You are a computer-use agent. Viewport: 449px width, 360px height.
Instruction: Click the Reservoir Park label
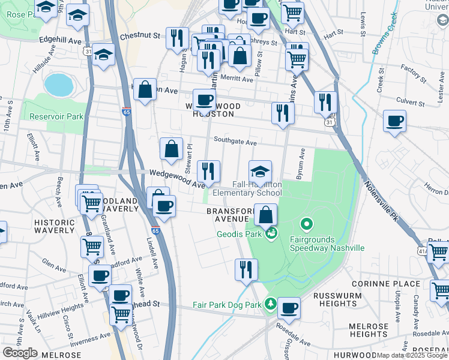click(56, 116)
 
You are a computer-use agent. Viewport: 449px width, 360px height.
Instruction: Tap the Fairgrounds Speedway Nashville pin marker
click(307, 226)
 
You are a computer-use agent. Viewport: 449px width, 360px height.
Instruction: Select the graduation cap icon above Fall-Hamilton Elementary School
click(261, 172)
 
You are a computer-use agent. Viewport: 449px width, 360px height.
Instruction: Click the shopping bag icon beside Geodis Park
click(265, 215)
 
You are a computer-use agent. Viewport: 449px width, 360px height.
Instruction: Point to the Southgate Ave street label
click(237, 143)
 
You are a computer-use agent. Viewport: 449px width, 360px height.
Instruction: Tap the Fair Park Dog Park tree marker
click(271, 304)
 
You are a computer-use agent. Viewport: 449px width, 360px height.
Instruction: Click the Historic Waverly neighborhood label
click(55, 226)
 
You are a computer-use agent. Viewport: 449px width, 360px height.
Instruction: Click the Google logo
click(20, 353)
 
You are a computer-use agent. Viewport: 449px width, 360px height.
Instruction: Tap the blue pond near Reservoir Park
click(58, 85)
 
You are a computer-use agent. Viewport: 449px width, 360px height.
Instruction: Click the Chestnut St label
click(140, 36)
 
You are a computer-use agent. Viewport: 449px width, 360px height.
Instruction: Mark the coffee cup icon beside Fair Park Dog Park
click(289, 308)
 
